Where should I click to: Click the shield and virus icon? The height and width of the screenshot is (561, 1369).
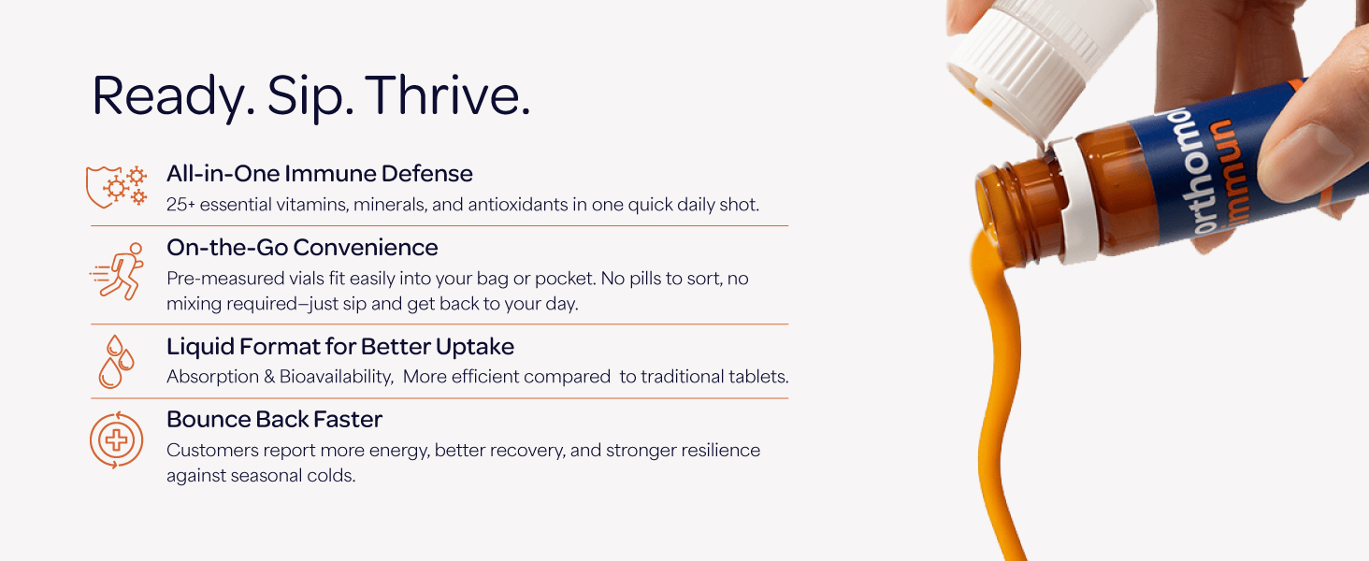[x=116, y=186]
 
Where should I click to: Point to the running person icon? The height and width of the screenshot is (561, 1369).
[x=117, y=271]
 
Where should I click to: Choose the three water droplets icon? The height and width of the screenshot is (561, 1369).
[x=116, y=362]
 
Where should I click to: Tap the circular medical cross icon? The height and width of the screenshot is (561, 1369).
[x=116, y=440]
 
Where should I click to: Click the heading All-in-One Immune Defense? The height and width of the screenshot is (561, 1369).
[x=320, y=174]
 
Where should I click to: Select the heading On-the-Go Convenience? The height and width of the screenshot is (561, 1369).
[x=303, y=248]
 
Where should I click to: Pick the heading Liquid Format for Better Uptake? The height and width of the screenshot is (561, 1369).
[x=340, y=347]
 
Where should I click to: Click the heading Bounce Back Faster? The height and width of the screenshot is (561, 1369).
[x=274, y=419]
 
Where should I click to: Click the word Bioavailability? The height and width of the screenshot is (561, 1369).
[x=336, y=377]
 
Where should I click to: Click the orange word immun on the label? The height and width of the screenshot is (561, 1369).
[x=1237, y=174]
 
